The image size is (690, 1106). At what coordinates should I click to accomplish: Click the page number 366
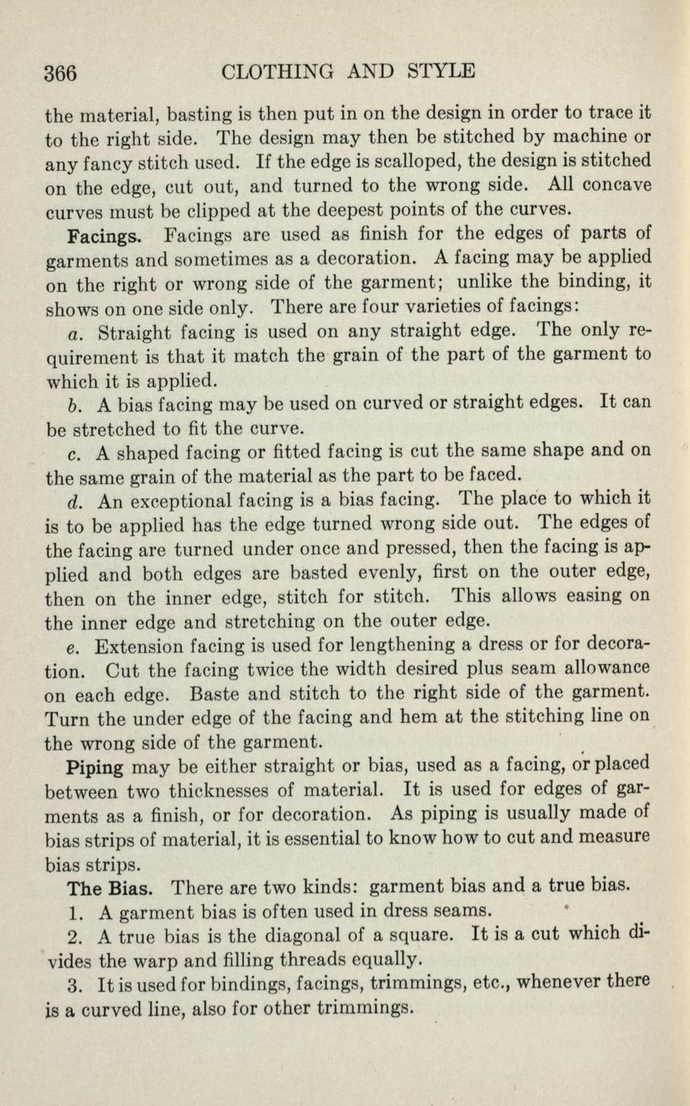(x=61, y=74)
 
